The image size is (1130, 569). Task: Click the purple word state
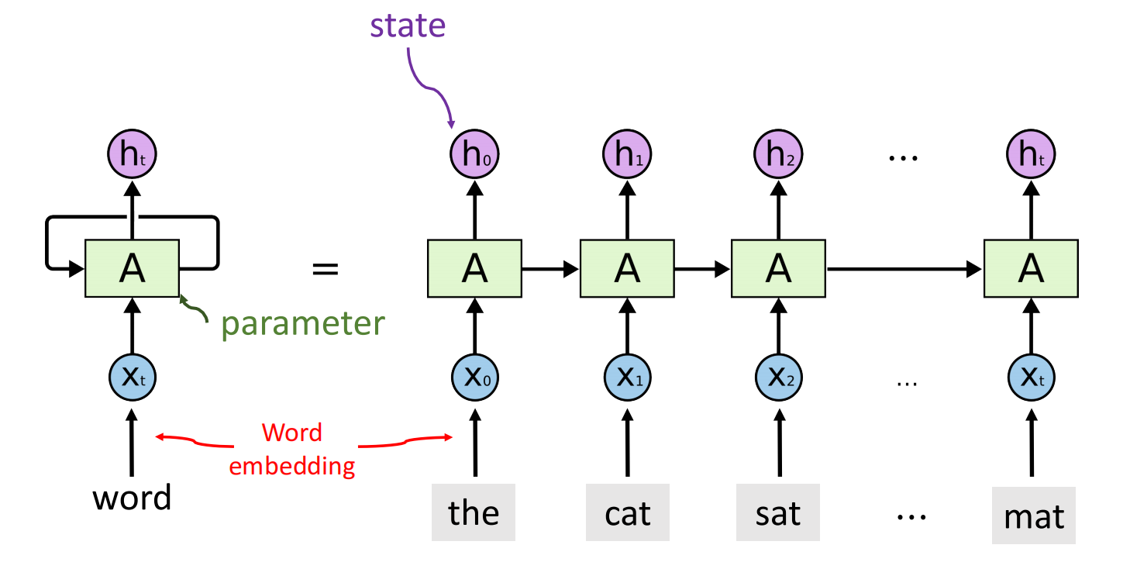[x=408, y=26]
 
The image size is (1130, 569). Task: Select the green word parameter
[x=303, y=323]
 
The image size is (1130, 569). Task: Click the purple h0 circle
[x=474, y=156]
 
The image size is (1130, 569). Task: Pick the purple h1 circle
[x=626, y=156]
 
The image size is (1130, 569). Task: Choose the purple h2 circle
[x=778, y=156]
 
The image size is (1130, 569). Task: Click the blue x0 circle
[x=474, y=378]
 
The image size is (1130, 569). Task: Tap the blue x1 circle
[x=626, y=378]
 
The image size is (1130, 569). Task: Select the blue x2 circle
[x=778, y=378]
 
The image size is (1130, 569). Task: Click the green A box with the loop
[x=132, y=268]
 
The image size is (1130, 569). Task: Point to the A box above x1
[x=626, y=268]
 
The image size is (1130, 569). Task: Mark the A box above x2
[x=778, y=268]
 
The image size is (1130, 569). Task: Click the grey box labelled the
[x=474, y=512]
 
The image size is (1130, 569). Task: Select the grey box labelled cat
[x=626, y=512]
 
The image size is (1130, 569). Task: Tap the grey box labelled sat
[x=778, y=512]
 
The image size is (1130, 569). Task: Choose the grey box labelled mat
[x=1033, y=515]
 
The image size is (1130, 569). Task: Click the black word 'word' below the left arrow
[x=132, y=498]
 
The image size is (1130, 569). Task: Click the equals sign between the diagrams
[x=325, y=269]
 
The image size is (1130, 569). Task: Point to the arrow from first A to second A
[x=549, y=268]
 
